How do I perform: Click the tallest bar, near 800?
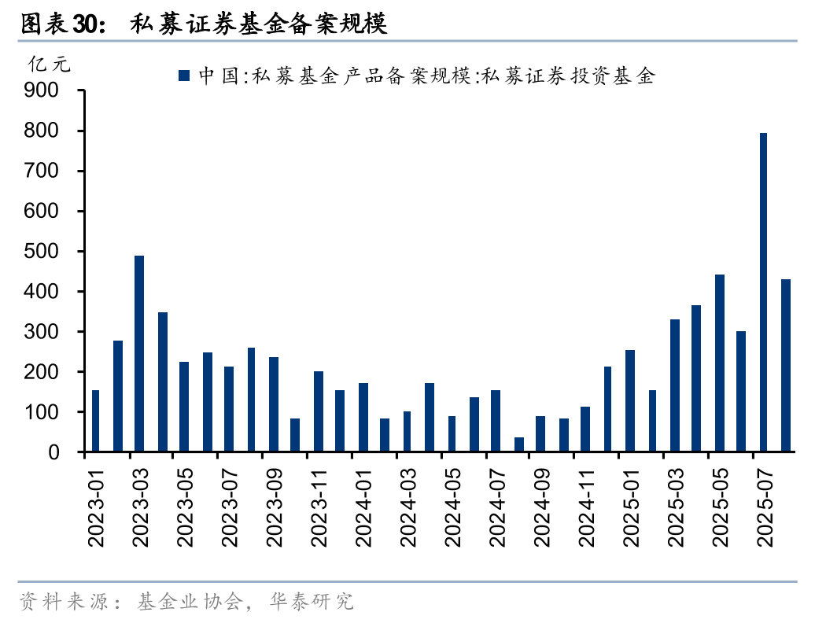(x=763, y=293)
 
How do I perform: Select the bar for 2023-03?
(x=139, y=354)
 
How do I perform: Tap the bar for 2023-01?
(x=95, y=421)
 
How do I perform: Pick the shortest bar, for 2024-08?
(x=519, y=444)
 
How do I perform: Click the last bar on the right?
(x=785, y=366)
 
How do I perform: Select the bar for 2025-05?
(x=719, y=363)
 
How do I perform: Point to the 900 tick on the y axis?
(x=42, y=90)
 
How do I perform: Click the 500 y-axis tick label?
(x=42, y=252)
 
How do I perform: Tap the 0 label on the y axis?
(x=53, y=452)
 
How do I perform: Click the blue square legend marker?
(x=184, y=76)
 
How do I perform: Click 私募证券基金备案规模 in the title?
(x=259, y=24)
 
